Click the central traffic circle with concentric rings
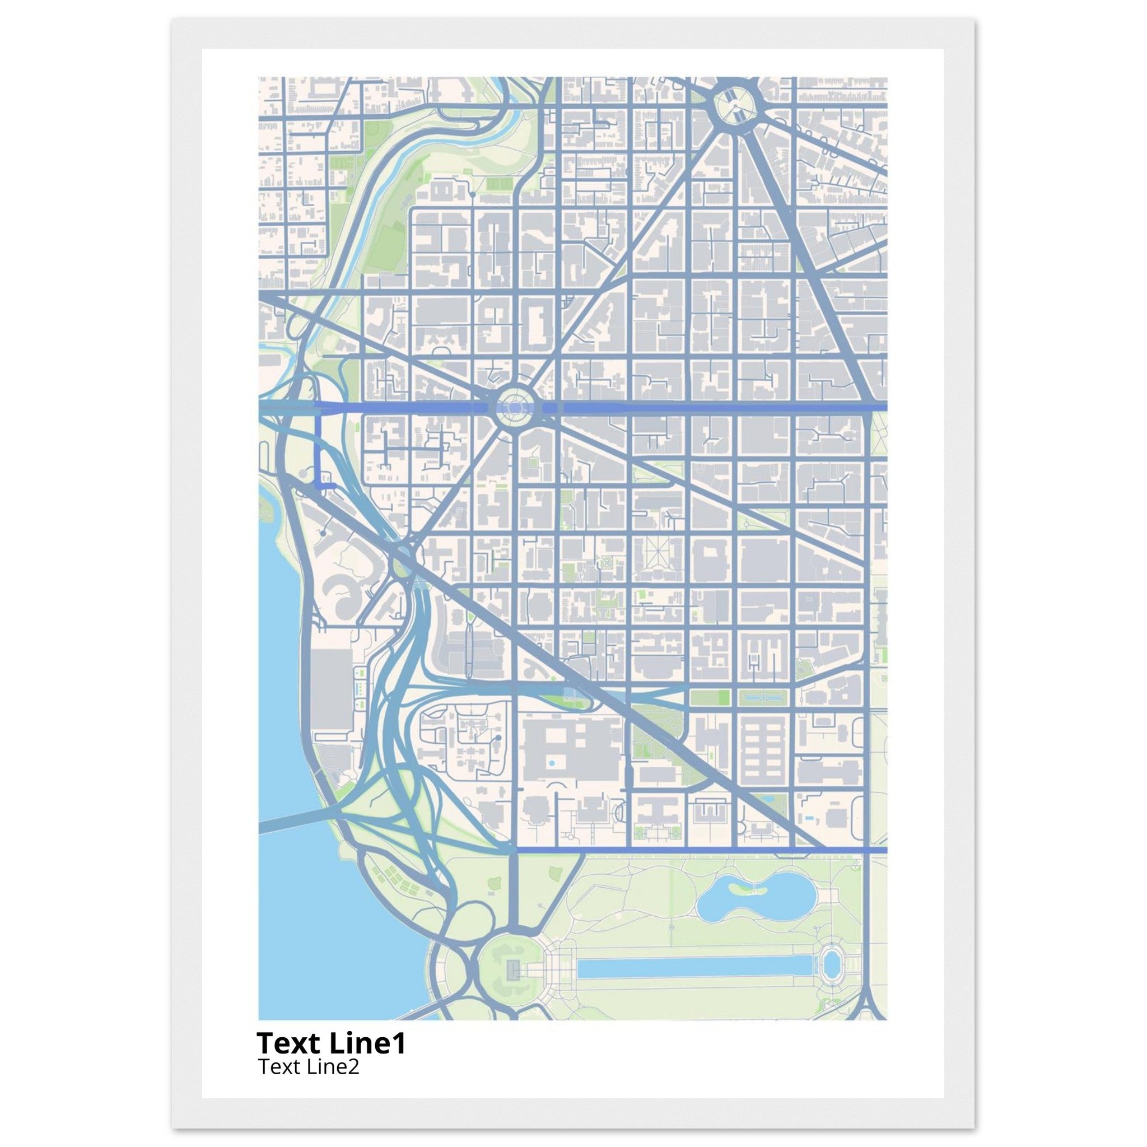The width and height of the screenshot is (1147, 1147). (514, 407)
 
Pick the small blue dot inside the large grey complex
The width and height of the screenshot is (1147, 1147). (552, 762)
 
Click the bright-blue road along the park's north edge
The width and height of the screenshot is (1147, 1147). (701, 850)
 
